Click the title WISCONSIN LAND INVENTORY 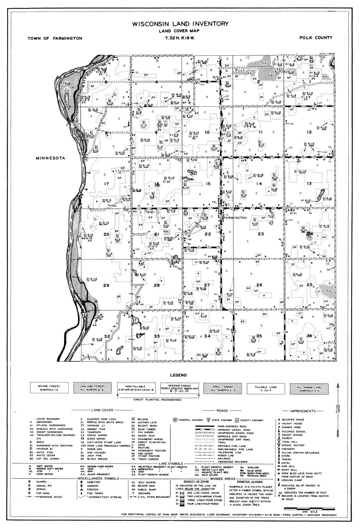click(x=180, y=24)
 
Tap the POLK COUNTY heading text click(x=316, y=38)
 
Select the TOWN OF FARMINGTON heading click(x=55, y=38)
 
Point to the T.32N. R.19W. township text click(x=180, y=38)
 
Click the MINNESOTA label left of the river click(x=50, y=158)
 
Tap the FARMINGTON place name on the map click(x=235, y=218)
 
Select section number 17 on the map click(x=106, y=184)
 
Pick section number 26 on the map click(x=259, y=285)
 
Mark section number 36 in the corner click(x=309, y=336)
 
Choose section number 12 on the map click(x=309, y=132)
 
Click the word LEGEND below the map click(x=180, y=375)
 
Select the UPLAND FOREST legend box click(x=48, y=387)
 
